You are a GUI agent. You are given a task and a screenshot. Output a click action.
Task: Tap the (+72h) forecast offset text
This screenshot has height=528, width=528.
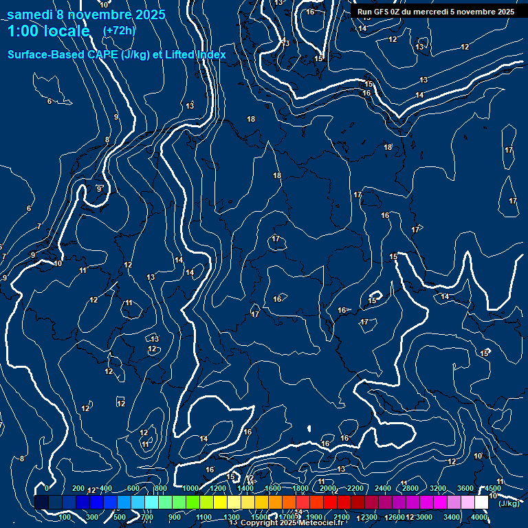pyautogui.click(x=119, y=30)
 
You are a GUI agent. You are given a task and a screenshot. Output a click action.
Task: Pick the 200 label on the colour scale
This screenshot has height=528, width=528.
pyautogui.click(x=78, y=489)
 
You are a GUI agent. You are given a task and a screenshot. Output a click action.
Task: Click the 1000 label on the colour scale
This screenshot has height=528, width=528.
pyautogui.click(x=190, y=489)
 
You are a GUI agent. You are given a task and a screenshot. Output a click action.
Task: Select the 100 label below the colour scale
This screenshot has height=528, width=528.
pyautogui.click(x=65, y=517)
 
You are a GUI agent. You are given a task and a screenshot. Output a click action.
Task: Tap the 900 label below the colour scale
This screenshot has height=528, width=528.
pyautogui.click(x=175, y=517)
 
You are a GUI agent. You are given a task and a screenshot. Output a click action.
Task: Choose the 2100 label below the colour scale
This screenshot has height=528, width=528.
pyautogui.click(x=342, y=517)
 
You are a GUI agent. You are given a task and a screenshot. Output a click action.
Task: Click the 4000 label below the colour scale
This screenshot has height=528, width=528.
pyautogui.click(x=480, y=517)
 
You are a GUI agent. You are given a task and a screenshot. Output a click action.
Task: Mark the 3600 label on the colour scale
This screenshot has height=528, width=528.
pyautogui.click(x=465, y=489)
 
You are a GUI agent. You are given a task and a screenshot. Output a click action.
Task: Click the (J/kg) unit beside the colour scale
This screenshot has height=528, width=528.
pyautogui.click(x=508, y=503)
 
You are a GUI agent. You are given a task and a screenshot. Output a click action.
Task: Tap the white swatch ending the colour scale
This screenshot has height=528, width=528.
pyautogui.click(x=481, y=503)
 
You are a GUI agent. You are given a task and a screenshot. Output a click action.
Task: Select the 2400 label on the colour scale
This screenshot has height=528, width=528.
pyautogui.click(x=383, y=489)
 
